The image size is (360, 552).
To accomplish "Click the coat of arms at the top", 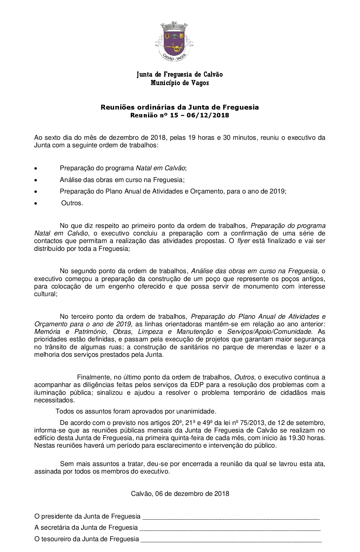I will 174,41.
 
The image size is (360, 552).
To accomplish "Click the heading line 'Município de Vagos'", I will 180,83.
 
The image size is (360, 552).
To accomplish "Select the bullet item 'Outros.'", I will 72,203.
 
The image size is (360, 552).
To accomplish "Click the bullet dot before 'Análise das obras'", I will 36,180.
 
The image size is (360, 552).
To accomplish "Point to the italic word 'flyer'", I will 243,241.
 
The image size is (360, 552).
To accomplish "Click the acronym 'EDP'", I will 197,385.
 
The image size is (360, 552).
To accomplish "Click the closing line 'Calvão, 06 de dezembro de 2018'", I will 180,494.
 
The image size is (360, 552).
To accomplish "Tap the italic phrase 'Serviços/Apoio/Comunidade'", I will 269,332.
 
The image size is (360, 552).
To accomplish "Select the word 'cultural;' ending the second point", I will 46,294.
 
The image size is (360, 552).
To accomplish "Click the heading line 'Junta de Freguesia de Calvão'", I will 180,75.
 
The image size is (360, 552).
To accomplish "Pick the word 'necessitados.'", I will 54,400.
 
